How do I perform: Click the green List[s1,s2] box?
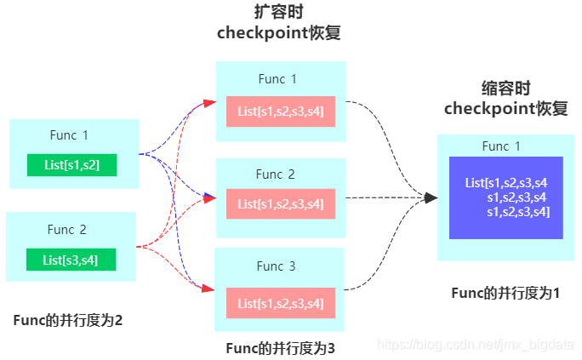(71, 165)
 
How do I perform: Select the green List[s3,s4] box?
(71, 260)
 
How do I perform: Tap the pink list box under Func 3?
(281, 303)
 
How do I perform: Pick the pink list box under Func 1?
(281, 112)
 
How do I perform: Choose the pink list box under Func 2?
(281, 203)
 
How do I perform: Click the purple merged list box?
(506, 197)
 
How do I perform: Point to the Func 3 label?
(277, 266)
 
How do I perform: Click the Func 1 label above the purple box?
(501, 146)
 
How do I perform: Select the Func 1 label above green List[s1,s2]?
(68, 134)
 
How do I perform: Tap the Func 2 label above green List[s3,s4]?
(67, 229)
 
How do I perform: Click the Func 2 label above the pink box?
(276, 174)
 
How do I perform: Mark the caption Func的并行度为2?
(68, 320)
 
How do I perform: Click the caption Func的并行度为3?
(281, 347)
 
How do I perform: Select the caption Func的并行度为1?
(505, 293)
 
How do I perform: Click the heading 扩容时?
(279, 12)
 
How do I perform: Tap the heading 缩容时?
(505, 88)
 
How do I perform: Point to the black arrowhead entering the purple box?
(431, 197)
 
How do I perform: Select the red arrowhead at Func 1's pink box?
(209, 104)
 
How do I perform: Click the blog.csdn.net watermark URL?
(476, 344)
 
